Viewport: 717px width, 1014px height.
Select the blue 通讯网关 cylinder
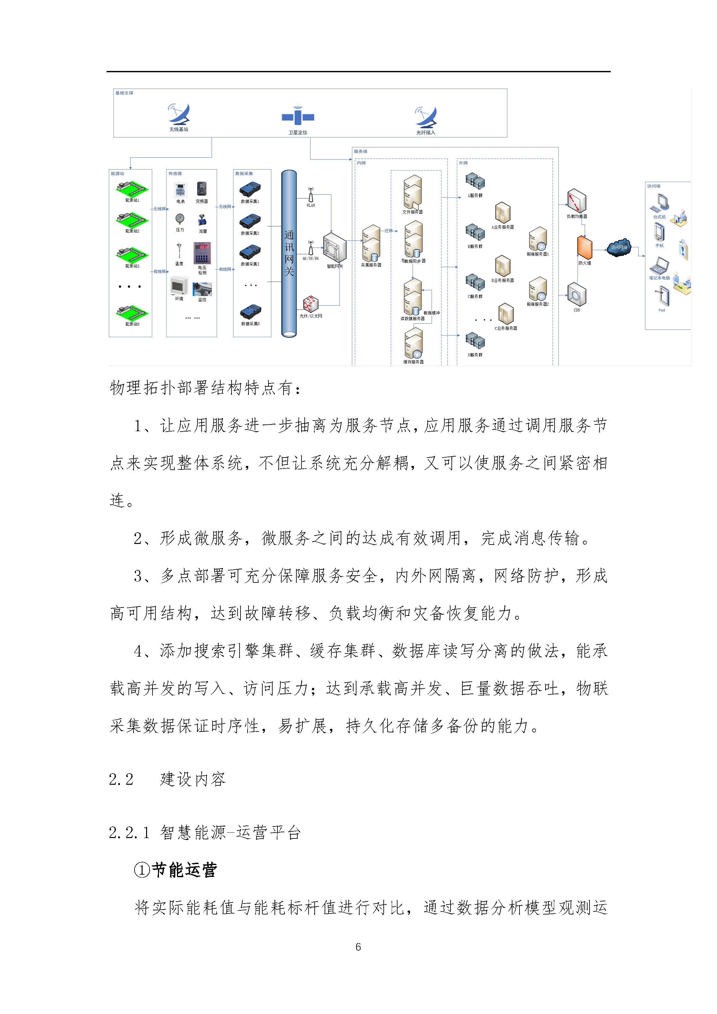coord(289,254)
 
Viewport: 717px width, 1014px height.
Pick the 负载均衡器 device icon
coord(576,201)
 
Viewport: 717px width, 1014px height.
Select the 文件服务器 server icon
coord(413,192)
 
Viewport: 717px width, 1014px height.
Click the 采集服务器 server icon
coord(371,244)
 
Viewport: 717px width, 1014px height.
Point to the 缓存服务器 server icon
coord(413,343)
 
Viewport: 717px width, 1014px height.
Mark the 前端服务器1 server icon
coord(538,239)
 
